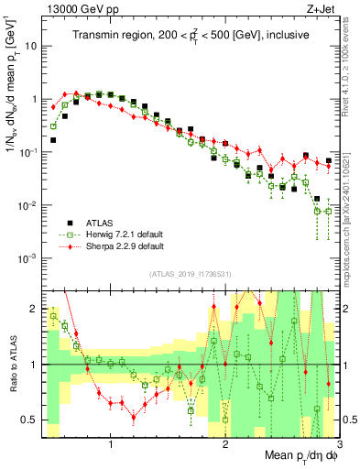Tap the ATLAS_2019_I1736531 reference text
pyautogui.click(x=190, y=275)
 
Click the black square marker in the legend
pyautogui.click(x=69, y=223)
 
